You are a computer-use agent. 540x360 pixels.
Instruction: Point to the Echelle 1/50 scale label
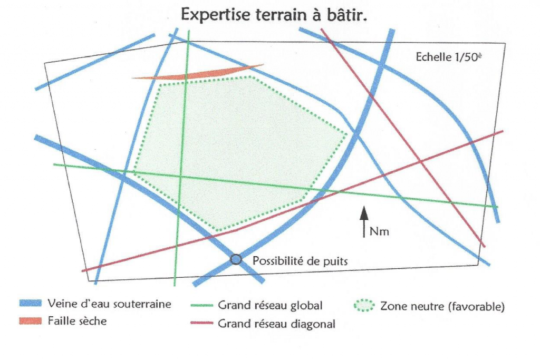click(448, 57)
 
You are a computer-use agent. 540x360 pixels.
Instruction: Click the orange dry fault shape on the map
click(200, 74)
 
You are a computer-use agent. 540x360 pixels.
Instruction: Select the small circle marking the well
click(236, 259)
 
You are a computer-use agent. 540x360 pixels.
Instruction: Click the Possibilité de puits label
click(301, 260)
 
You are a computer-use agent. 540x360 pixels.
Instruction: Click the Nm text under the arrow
click(379, 231)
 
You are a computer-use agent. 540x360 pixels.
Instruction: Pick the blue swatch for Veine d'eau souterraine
click(30, 304)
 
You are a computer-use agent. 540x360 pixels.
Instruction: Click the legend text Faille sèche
click(77, 320)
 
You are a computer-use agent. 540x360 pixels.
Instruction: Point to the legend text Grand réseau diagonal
click(276, 324)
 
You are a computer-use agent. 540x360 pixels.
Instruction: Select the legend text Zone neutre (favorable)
click(442, 306)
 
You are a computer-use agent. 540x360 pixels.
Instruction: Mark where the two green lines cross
click(180, 176)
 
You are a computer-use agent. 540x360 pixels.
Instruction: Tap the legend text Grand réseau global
click(269, 305)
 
